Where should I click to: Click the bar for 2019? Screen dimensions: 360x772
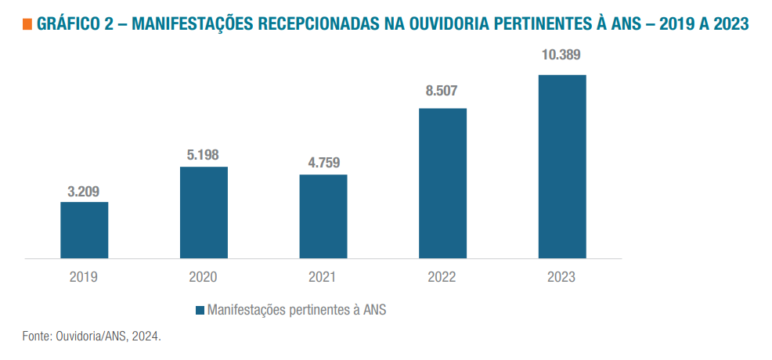pos(85,230)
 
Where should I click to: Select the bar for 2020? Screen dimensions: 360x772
pos(204,212)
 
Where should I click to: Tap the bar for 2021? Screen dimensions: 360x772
pos(323,216)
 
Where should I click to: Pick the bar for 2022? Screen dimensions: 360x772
pos(442,183)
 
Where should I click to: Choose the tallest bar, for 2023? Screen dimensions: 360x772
pos(562,166)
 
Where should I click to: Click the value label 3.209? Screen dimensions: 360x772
pos(84,191)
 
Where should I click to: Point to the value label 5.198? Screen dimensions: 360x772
pos(203,155)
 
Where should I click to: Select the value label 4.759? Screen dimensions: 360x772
pos(323,164)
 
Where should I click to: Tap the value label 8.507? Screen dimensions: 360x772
pos(442,90)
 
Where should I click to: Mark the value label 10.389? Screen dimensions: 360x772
pos(561,56)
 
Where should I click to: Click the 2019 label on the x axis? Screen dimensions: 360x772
pos(84,277)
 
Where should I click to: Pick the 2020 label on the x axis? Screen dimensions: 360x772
pos(203,277)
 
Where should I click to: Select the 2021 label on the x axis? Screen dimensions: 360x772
pos(323,277)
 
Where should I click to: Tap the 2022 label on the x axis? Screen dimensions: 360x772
pos(442,277)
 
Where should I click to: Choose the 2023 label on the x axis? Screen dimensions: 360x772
pos(561,277)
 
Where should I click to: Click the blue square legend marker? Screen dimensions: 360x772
pos(199,310)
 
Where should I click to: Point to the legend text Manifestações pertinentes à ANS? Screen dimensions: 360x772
pos(297,310)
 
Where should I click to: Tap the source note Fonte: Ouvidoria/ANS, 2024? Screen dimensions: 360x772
pos(92,336)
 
